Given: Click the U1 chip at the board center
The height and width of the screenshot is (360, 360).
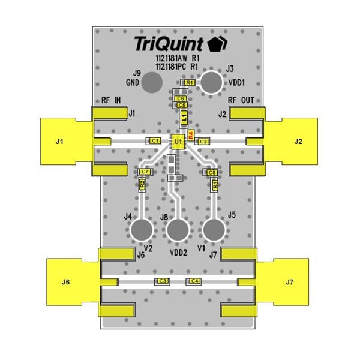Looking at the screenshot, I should pos(178,142).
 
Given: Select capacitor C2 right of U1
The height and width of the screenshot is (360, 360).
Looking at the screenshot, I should pos(203,141).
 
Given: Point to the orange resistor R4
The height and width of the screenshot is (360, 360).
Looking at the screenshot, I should pos(191,134).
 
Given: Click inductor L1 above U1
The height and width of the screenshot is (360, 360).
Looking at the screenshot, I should pos(184,118).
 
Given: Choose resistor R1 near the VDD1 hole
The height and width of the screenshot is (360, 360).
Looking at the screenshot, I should pos(190,82).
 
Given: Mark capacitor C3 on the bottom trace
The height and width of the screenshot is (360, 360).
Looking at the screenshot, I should pos(162,281).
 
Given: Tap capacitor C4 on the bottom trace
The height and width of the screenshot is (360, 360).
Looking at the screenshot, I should pos(194,281).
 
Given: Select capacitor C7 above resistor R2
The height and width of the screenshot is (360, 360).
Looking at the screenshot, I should pos(145,172).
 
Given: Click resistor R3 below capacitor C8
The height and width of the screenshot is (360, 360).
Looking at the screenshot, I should pos(215,185).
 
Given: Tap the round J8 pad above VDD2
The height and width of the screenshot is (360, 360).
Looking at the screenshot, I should pos(178,230).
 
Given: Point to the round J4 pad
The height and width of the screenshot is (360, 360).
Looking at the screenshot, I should pos(142,230).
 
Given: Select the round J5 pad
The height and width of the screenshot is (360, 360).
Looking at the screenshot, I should pos(214,230).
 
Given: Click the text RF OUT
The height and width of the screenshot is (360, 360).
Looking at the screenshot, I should pos(241,100).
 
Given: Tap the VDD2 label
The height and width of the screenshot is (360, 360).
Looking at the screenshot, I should pos(178,253).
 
